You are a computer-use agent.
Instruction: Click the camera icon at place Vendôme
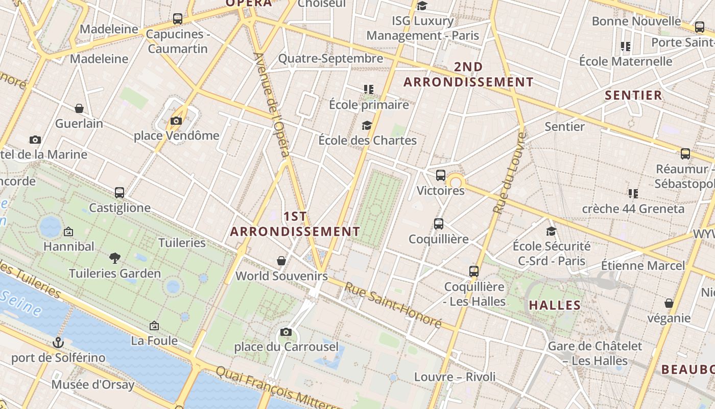tap(176, 121)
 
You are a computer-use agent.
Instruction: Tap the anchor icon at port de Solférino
tap(58, 342)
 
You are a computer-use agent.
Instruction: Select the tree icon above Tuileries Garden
tap(115, 258)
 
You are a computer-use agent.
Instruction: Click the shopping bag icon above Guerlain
tap(79, 108)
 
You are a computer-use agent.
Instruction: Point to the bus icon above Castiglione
tap(120, 192)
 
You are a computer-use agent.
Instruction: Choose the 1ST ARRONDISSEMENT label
tap(295, 224)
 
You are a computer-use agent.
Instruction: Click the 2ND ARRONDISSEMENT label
tap(468, 75)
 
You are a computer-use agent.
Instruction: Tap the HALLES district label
tap(555, 305)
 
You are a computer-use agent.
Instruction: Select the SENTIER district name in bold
tap(633, 95)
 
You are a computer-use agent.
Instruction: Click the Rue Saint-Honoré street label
tap(392, 305)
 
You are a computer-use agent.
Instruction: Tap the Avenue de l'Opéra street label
tap(272, 105)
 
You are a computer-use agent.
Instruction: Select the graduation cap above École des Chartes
tap(367, 125)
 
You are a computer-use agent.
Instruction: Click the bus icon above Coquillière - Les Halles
tap(474, 271)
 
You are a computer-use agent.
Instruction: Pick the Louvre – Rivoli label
tap(455, 377)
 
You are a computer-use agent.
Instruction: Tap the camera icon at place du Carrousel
tap(286, 332)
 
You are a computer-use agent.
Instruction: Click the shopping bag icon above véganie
tap(669, 303)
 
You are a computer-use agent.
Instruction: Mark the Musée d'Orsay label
tap(93, 384)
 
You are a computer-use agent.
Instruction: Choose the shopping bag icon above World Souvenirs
tap(281, 261)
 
